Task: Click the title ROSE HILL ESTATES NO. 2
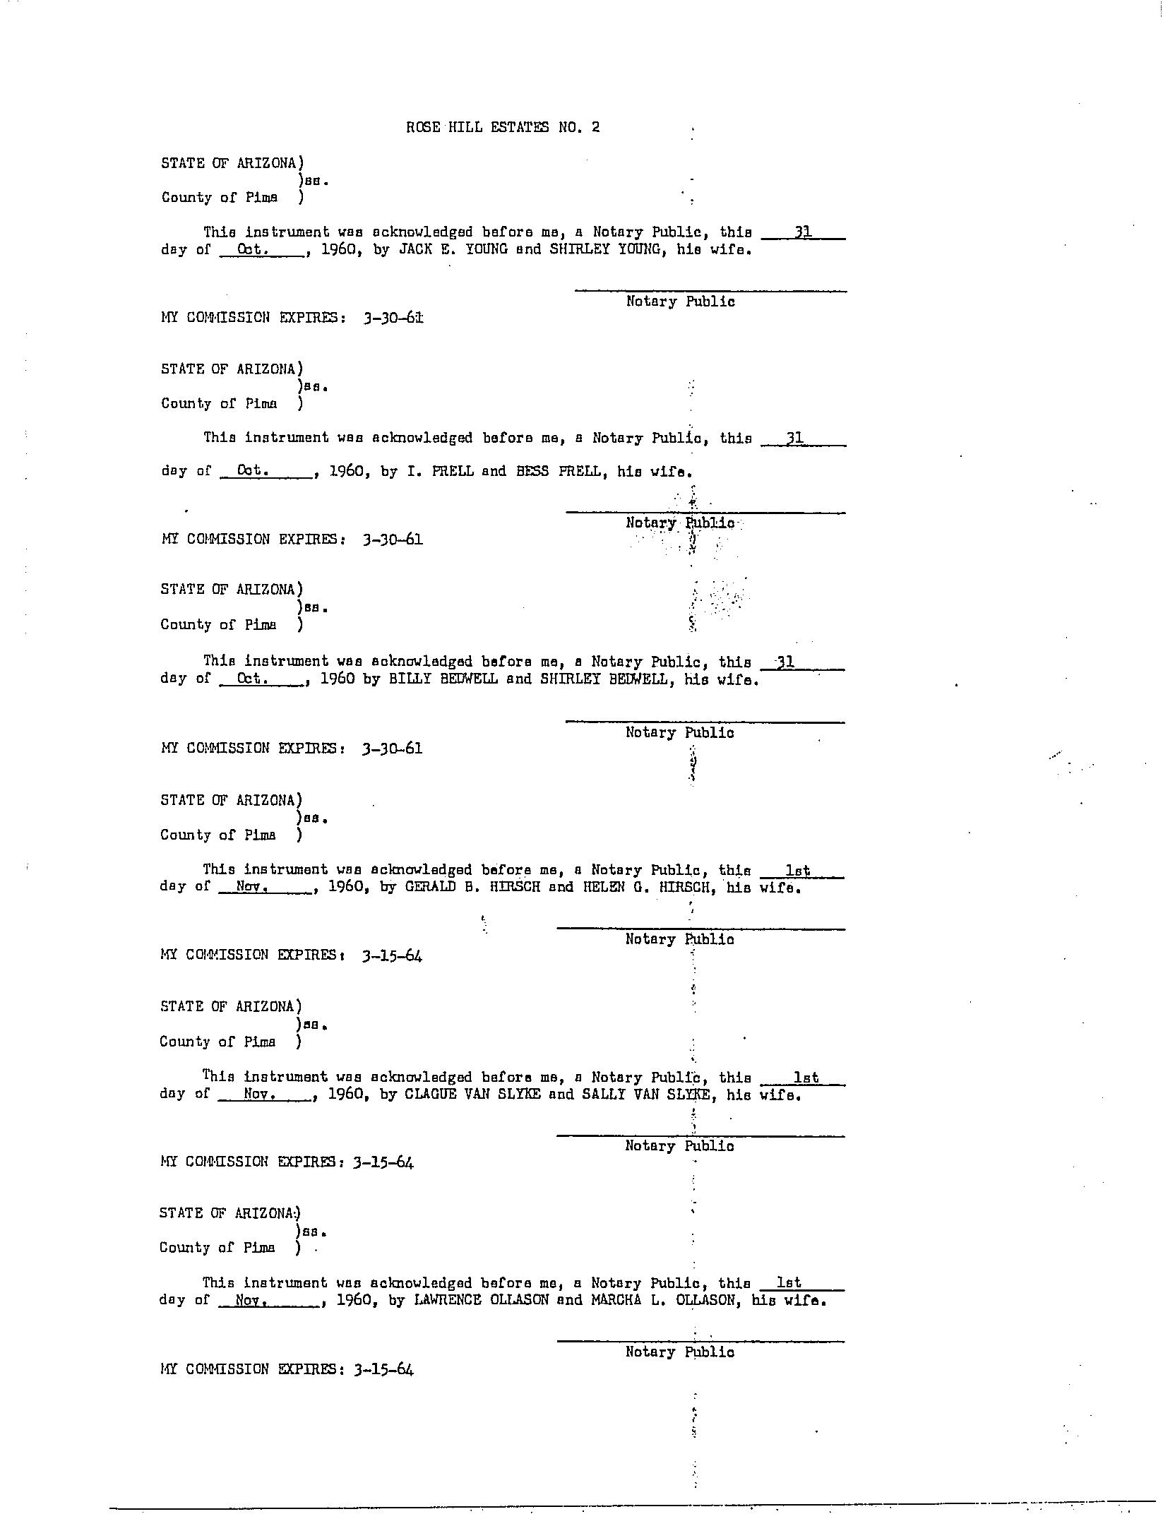(x=503, y=128)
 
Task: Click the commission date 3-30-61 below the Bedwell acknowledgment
(x=392, y=749)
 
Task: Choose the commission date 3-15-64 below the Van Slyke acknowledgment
(x=384, y=1162)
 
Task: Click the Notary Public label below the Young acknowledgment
(x=680, y=302)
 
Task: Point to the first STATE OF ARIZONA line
(x=232, y=163)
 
